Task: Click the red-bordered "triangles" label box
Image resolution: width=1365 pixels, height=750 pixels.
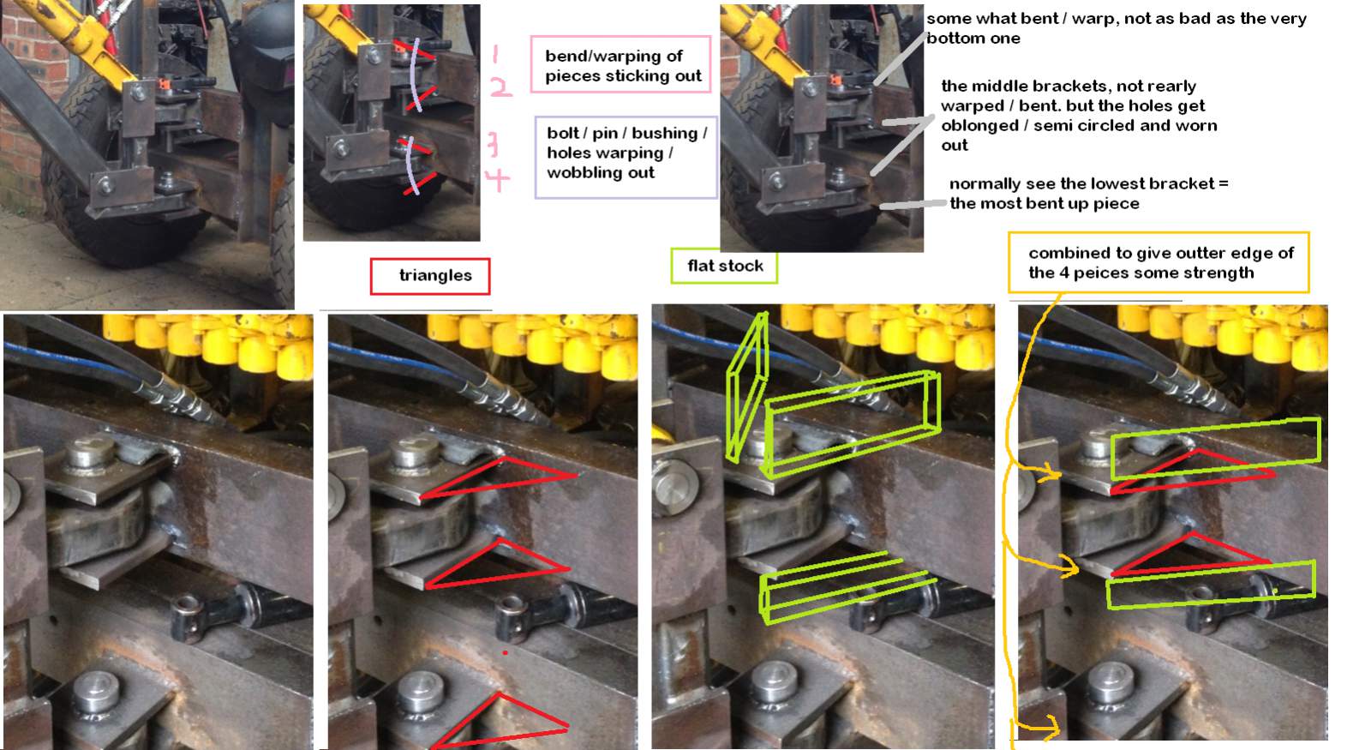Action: coord(430,276)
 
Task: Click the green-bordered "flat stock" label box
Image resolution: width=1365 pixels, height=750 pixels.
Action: coord(724,266)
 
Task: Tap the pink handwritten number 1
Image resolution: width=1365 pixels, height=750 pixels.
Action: coord(494,54)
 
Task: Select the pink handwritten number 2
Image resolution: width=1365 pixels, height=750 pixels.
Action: coord(500,87)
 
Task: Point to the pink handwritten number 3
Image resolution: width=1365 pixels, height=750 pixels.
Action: coord(493,145)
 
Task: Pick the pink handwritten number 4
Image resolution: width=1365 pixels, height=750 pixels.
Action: coord(497,180)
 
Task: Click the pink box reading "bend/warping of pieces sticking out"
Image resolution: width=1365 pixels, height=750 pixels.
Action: coord(621,64)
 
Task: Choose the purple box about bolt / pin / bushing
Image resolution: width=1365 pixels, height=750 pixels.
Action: coord(626,158)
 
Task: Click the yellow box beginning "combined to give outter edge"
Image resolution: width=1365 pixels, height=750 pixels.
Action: coord(1158,262)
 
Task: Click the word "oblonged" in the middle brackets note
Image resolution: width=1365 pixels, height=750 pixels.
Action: coord(972,126)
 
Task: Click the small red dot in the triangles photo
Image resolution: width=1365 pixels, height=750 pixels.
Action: coord(506,653)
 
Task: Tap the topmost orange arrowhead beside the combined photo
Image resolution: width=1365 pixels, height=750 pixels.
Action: coord(1052,472)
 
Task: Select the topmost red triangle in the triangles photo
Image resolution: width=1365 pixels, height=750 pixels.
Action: coord(498,477)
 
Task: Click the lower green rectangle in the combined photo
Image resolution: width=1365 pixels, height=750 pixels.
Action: coord(1210,585)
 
